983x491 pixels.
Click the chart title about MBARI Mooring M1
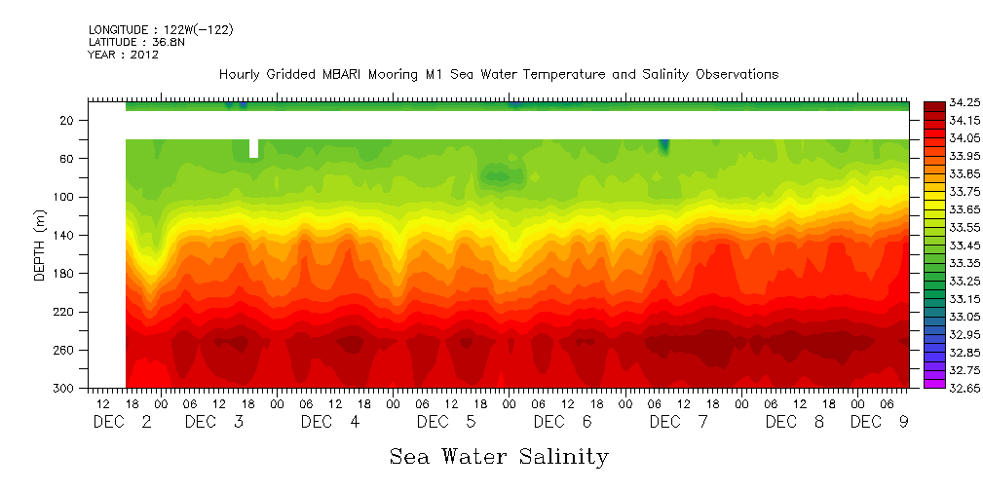pos(498,75)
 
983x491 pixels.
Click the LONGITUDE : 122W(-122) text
pos(161,30)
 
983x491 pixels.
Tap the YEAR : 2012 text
pos(124,56)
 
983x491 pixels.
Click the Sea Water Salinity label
pos(499,456)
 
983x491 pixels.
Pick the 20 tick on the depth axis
pos(67,120)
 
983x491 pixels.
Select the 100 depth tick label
pos(64,197)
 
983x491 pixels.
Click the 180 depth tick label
pos(64,273)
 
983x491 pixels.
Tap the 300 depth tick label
pos(64,389)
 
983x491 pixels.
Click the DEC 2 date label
pos(123,422)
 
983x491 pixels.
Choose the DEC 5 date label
pos(447,422)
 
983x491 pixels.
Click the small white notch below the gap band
pos(254,148)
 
